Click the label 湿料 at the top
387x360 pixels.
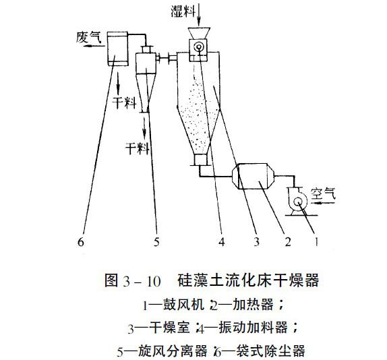[183, 11]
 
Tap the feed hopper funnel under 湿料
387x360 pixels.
[199, 33]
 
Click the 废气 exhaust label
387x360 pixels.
[88, 38]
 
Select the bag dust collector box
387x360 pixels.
[118, 49]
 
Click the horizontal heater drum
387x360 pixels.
[254, 176]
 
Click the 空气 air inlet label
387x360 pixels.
[323, 193]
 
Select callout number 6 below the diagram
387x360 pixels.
[81, 242]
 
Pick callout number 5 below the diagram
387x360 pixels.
[156, 242]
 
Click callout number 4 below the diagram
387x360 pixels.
[222, 242]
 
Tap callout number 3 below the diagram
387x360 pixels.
[257, 242]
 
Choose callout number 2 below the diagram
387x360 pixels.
[288, 242]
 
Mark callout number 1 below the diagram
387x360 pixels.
[316, 242]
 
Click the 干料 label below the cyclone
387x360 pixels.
[138, 148]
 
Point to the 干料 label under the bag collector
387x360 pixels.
[124, 102]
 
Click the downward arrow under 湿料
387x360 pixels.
[199, 16]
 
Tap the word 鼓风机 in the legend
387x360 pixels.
[184, 304]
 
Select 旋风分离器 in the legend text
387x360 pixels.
[173, 351]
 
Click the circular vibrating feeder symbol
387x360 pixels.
[199, 47]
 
